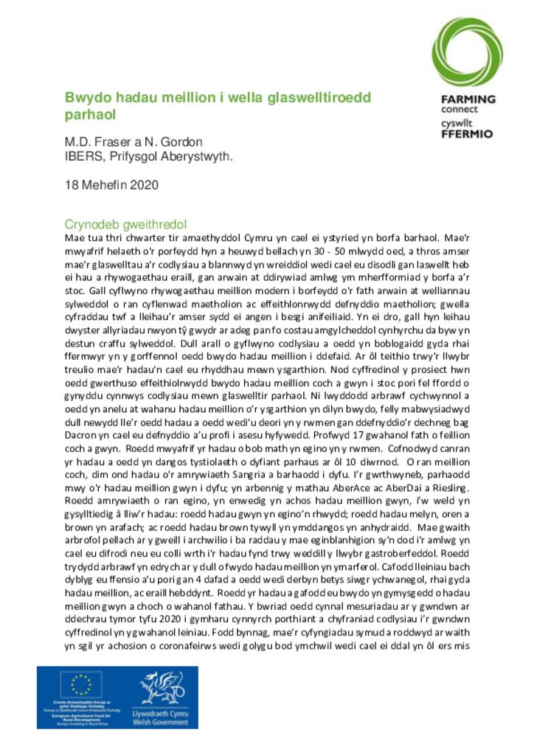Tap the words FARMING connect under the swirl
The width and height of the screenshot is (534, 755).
(468, 103)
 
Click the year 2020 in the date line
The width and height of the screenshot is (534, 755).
(142, 185)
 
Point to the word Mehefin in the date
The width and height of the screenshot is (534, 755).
(103, 185)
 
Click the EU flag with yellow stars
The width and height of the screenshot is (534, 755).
(81, 685)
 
